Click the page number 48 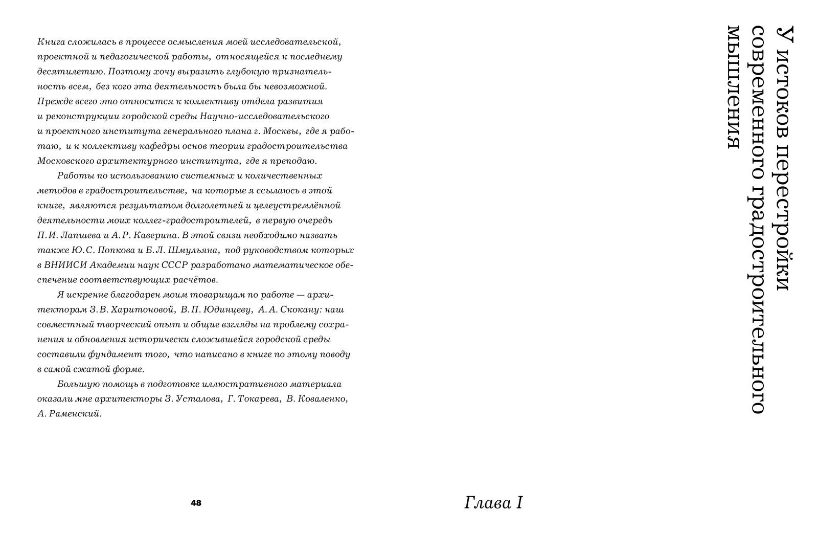(196, 503)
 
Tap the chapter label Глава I (493, 503)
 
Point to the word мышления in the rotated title (734, 87)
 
